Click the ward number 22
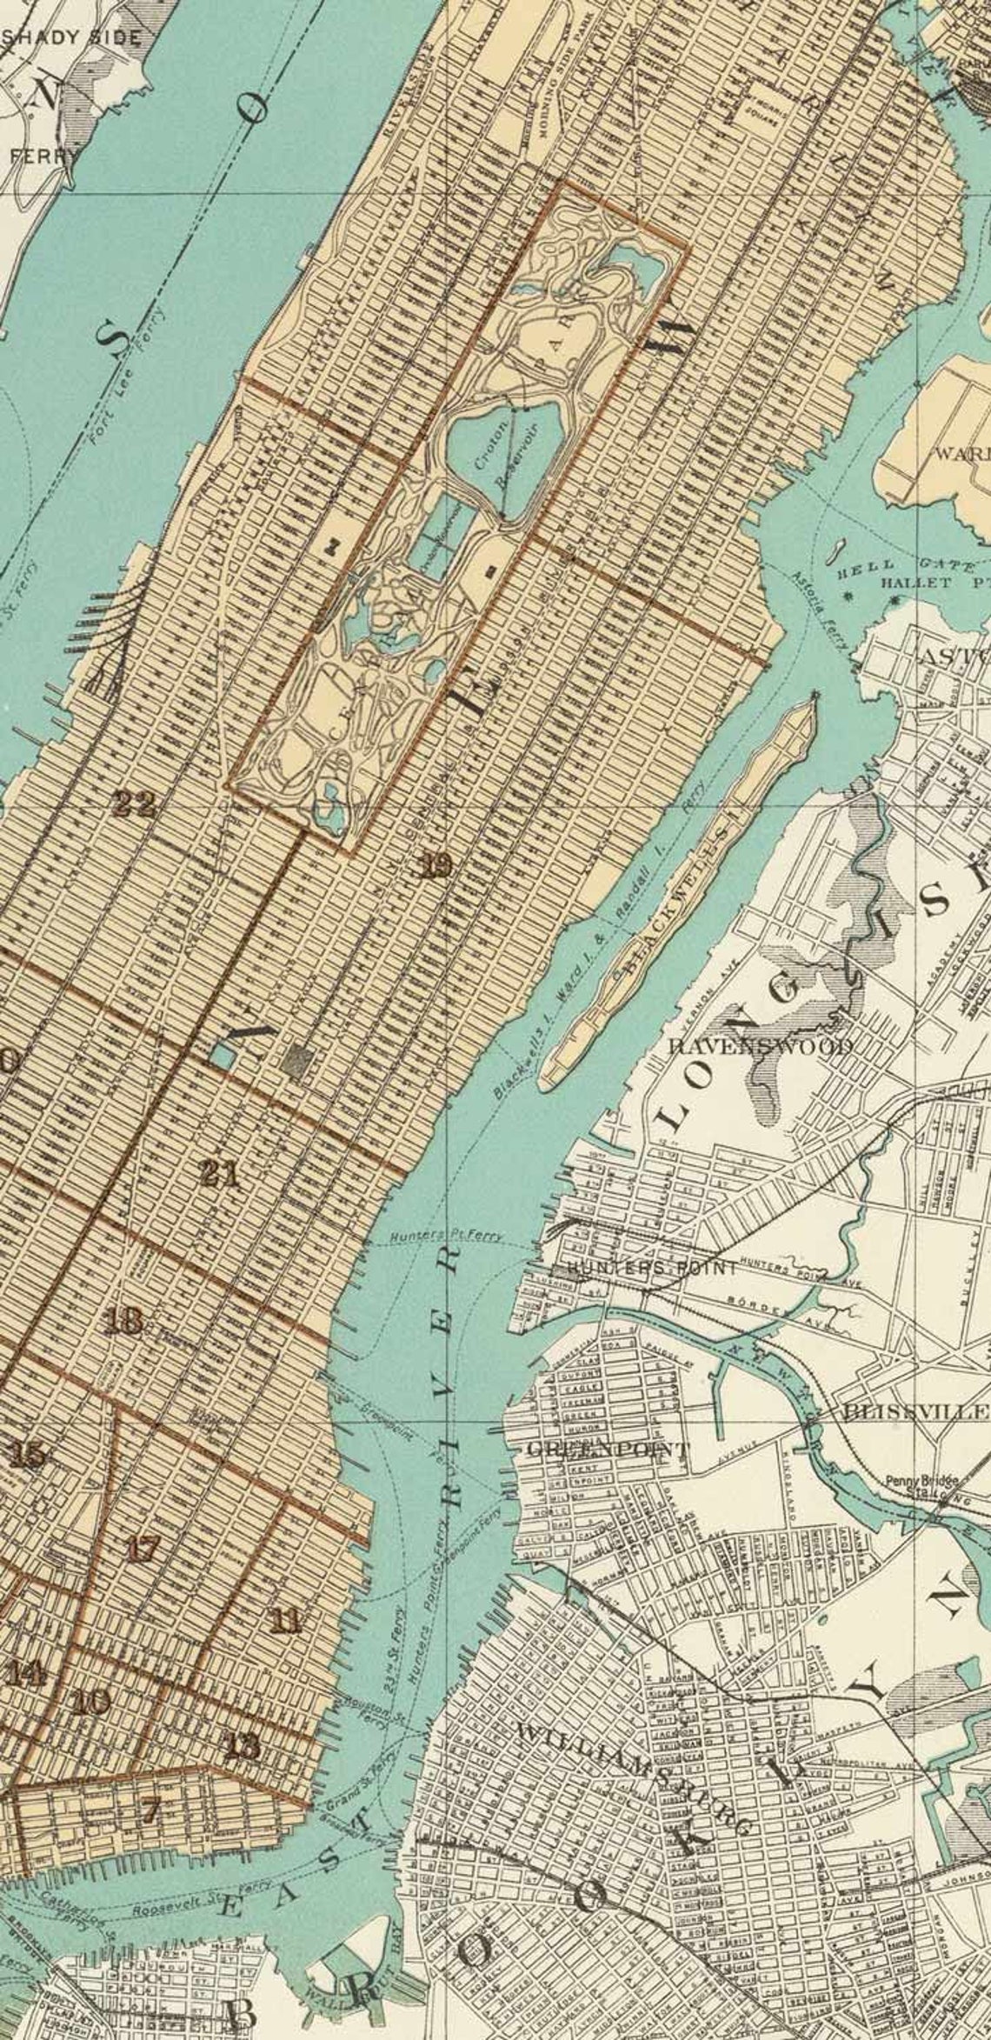[x=135, y=803]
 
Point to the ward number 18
[x=123, y=1323]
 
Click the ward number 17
[x=143, y=1549]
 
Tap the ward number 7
[x=151, y=1785]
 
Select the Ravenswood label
[x=759, y=1046]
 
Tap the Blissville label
[x=916, y=1410]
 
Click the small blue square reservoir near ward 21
[x=223, y=1057]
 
